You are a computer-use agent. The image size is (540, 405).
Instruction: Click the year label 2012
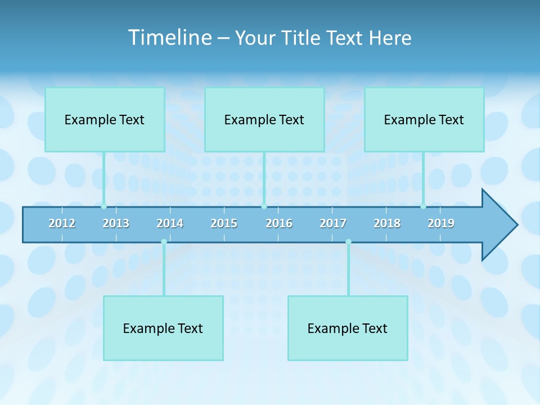click(x=62, y=223)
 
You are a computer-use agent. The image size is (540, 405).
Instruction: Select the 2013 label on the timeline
click(x=116, y=223)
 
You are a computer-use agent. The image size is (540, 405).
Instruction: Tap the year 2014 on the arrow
click(x=170, y=223)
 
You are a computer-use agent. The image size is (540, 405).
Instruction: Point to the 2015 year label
click(x=224, y=223)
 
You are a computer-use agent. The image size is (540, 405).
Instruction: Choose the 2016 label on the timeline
click(x=279, y=223)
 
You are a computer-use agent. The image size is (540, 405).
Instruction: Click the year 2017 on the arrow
click(x=333, y=223)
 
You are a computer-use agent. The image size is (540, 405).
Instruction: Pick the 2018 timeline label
click(x=387, y=223)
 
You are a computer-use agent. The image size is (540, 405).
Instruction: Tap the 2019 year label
click(x=441, y=223)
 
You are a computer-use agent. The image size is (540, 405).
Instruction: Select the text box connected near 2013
click(x=105, y=119)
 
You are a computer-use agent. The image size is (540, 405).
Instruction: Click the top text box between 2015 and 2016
click(x=264, y=119)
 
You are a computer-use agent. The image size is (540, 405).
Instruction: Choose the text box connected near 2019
click(x=424, y=119)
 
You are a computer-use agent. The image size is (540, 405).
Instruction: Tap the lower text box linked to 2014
click(x=163, y=328)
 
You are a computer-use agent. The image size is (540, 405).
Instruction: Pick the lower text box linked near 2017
click(x=348, y=328)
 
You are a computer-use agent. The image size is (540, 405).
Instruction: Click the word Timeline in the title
click(x=169, y=38)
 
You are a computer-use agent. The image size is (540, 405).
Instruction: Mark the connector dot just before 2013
click(x=103, y=206)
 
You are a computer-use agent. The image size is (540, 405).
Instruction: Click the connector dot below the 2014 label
click(x=164, y=242)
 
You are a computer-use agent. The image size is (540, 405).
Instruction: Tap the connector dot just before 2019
click(x=423, y=206)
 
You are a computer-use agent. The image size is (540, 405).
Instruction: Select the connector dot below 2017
click(x=348, y=242)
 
